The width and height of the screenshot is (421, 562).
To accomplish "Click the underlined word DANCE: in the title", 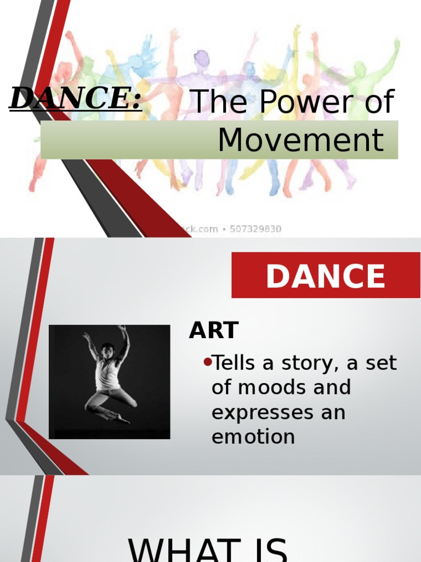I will coord(76,99).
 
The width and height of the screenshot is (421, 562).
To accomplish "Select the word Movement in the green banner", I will coord(300,140).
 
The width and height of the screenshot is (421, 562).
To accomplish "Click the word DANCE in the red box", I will coord(326,276).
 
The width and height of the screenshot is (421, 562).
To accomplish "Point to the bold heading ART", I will coord(213,330).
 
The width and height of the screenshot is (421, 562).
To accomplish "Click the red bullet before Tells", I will coord(207,362).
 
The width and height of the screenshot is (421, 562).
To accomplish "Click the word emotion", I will coord(253,437).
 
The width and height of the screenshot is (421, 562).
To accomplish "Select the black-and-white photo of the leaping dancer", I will coord(110,382).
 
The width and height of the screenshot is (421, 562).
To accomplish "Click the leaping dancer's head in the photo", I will coord(107,350).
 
